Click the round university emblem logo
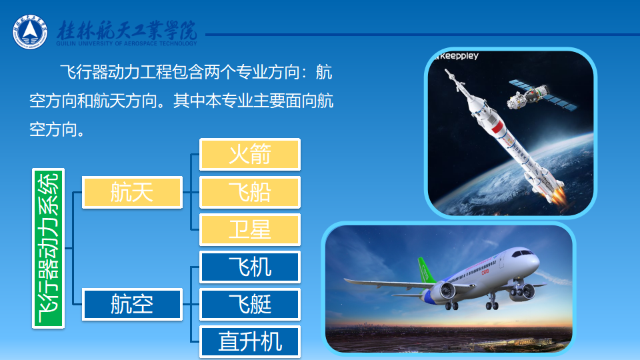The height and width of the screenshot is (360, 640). click(30, 32)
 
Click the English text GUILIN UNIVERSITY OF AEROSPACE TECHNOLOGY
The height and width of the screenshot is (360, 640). click(127, 43)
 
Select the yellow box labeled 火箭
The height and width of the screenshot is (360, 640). click(250, 154)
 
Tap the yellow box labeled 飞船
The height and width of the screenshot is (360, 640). click(250, 192)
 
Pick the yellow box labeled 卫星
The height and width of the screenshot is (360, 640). click(250, 230)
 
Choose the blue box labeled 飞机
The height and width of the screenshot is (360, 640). click(250, 267)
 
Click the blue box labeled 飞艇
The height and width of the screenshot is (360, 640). click(250, 305)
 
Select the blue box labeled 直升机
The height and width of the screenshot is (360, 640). click(250, 341)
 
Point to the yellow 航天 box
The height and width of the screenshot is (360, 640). click(132, 192)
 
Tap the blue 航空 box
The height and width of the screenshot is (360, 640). click(132, 305)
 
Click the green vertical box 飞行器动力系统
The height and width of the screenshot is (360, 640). click(48, 248)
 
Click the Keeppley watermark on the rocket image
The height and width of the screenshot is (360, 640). click(457, 56)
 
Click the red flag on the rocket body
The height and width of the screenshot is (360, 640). click(496, 126)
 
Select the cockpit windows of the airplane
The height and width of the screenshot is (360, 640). click(523, 253)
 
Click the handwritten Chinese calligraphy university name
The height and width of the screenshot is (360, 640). click(127, 30)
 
